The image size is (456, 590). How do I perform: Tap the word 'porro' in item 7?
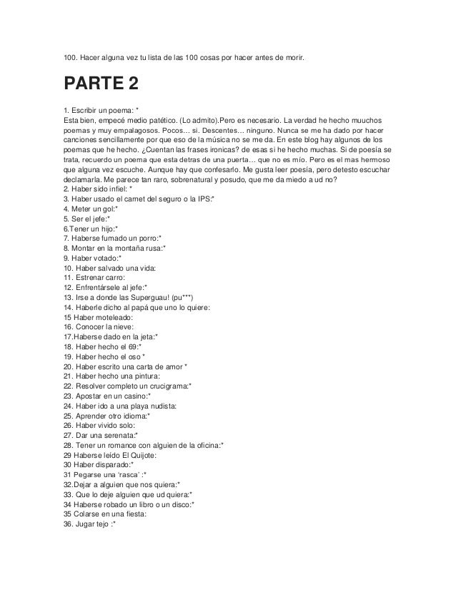pyautogui.click(x=147, y=238)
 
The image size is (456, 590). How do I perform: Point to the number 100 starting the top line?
pyautogui.click(x=70, y=54)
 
